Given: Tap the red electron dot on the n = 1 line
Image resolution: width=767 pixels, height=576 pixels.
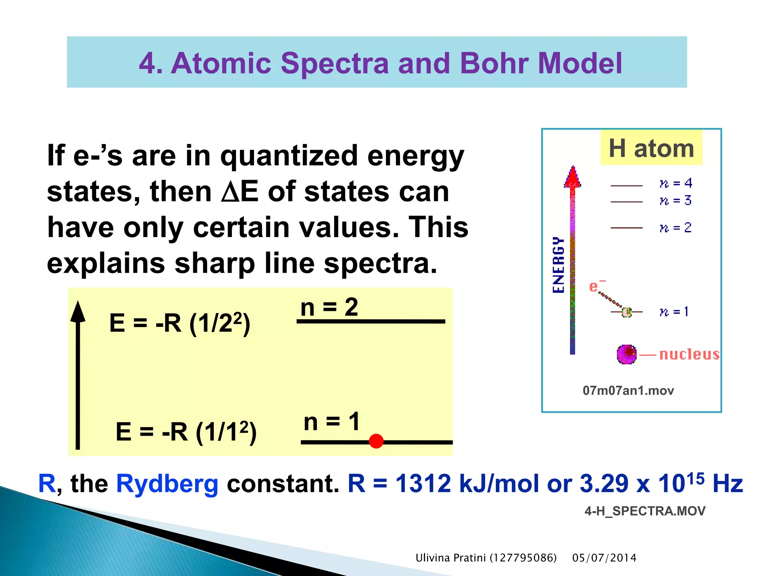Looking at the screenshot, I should click(376, 441).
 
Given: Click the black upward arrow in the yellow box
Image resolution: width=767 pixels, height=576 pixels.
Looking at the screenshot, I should click(78, 375).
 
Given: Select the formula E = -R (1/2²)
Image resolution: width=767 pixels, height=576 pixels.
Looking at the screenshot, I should click(179, 323).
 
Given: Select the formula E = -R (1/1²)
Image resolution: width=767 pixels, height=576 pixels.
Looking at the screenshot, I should click(186, 432).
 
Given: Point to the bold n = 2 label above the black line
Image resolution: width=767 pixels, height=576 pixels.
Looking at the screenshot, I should click(329, 307).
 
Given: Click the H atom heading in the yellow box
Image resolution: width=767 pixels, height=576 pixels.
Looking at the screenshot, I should click(651, 148).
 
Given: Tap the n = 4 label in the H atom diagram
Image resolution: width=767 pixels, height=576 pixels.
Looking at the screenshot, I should click(676, 183).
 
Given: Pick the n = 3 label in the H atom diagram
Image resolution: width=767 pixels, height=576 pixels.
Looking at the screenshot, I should click(676, 201).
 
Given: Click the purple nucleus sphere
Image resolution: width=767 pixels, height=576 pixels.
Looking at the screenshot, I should click(626, 354).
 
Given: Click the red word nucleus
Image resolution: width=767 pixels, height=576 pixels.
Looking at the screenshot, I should click(689, 354).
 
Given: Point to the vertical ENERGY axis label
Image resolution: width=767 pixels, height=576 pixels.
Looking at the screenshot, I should click(558, 265).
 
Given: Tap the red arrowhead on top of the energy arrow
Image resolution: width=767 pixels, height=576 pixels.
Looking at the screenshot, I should click(572, 177).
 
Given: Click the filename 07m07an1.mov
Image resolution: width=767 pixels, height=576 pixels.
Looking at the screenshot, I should click(628, 391).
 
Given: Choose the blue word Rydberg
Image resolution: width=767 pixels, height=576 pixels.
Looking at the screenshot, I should click(167, 484).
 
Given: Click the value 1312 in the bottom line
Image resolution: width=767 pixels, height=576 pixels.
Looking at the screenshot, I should click(423, 484).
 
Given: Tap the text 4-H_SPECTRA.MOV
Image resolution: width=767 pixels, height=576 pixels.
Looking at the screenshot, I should click(645, 511).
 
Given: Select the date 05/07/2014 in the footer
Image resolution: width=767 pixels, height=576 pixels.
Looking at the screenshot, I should click(604, 558).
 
